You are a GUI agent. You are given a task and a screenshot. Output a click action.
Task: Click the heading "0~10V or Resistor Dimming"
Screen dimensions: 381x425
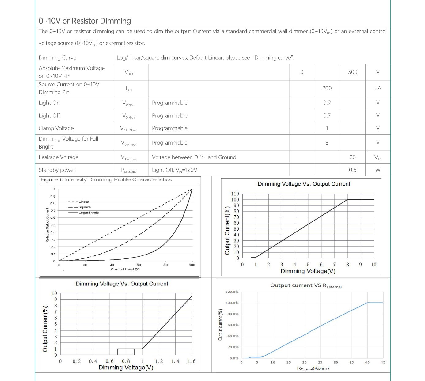point(85,21)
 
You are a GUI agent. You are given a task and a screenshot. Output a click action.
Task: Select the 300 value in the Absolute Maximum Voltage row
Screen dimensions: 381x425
point(352,72)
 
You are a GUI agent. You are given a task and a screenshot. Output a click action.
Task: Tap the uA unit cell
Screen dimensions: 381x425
point(378,88)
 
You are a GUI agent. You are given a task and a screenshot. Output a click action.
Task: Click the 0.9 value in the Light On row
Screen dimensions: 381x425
point(327,103)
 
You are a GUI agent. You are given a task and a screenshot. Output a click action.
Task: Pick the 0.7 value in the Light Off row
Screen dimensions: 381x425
point(327,115)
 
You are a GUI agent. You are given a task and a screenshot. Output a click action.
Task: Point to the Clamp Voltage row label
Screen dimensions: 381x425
point(56,128)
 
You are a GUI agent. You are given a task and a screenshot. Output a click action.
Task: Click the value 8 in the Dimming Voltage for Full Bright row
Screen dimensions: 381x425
point(327,143)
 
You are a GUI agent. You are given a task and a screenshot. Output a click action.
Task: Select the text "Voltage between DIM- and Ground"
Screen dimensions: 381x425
point(194,157)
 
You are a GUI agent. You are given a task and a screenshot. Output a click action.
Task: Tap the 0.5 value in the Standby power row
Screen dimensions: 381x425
point(352,170)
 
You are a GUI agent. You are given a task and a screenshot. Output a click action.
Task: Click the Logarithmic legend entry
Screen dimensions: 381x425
point(88,213)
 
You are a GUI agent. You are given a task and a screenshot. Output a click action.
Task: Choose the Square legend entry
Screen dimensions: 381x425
point(84,207)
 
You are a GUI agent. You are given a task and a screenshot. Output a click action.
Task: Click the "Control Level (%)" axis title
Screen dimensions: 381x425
point(125,269)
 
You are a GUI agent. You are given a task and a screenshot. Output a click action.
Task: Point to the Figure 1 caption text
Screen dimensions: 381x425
point(106,180)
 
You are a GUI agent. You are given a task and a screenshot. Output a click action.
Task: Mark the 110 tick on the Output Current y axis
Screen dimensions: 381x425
point(235,194)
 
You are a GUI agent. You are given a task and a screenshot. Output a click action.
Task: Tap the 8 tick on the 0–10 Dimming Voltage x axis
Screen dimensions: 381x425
point(347,265)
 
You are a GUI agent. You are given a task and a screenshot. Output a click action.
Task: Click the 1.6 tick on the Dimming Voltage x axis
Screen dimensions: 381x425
point(192,361)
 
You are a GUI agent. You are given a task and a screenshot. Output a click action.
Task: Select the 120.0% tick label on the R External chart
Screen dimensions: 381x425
point(232,292)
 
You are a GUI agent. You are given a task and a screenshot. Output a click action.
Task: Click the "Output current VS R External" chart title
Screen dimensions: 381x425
point(305,285)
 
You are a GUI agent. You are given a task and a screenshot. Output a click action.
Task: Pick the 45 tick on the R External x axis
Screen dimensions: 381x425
point(383,362)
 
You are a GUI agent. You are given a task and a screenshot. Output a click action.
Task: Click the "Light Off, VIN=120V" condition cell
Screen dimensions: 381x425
point(174,170)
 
